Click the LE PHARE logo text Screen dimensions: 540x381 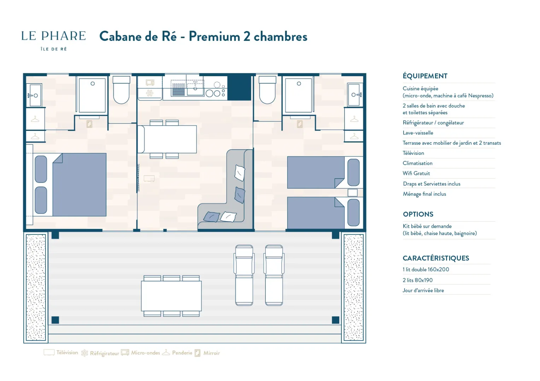[53, 36]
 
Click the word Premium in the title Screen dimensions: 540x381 [214, 37]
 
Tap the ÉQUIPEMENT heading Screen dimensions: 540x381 [425, 76]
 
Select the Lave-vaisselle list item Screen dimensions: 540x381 [418, 133]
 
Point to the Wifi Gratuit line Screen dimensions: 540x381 [416, 173]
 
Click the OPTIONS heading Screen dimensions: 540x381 [418, 214]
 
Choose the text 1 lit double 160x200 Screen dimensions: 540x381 [426, 270]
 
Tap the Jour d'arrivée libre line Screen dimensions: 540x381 [423, 290]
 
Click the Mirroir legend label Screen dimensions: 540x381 [211, 353]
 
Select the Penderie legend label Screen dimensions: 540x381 [182, 353]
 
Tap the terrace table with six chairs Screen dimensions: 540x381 [171, 296]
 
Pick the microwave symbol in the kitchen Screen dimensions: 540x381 [150, 83]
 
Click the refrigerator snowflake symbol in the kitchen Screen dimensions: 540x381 [149, 93]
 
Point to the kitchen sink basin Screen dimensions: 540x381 [195, 88]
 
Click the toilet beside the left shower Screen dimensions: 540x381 [121, 90]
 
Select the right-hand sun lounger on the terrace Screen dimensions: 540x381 [274, 275]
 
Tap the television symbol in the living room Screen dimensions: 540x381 [149, 179]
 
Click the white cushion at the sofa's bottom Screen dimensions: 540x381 [228, 217]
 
